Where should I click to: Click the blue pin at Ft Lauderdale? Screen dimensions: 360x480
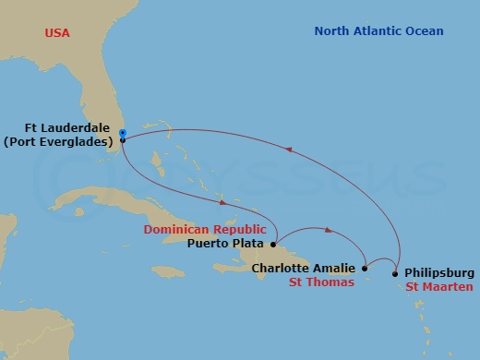[x=123, y=136]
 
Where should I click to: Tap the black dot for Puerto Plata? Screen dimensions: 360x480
[x=273, y=245]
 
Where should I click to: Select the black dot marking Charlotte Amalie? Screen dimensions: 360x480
[x=366, y=269]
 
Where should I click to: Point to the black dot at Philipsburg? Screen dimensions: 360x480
[x=396, y=272]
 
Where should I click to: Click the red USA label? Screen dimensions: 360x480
[x=57, y=33]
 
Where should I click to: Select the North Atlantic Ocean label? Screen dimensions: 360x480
[x=378, y=31]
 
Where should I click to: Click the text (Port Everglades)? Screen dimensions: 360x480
[x=66, y=143]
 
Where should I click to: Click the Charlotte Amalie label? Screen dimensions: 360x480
[x=303, y=269]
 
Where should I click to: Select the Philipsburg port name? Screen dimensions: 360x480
[x=439, y=272]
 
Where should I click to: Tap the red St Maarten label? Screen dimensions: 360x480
[x=439, y=287]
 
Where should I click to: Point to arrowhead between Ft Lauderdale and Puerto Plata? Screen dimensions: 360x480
[x=221, y=202]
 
